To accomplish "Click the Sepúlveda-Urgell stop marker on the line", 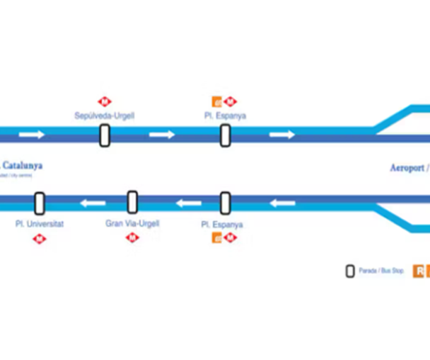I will point(105,135).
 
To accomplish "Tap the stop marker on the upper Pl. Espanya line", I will point(225,135).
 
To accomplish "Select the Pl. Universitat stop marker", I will point(40,203).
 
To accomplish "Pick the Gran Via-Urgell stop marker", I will point(132,202).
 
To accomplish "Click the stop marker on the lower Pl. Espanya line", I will point(225,203).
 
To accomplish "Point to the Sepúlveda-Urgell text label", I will point(105,116).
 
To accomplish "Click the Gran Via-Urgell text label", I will point(132,223).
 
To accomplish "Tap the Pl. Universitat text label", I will point(40,223).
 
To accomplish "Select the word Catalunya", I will point(23,165).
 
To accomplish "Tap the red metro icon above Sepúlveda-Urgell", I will point(105,101).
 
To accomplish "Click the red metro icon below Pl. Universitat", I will point(40,239).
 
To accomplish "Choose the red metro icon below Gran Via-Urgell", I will point(132,238).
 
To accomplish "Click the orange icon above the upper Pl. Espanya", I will point(218,101).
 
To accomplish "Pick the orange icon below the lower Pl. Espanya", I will point(218,238).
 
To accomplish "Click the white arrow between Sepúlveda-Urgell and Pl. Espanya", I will point(162,135).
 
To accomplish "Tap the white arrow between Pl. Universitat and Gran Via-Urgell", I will point(93,203).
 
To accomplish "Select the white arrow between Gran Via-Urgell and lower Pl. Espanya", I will point(188,203).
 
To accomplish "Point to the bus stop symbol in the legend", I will point(349,271).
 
